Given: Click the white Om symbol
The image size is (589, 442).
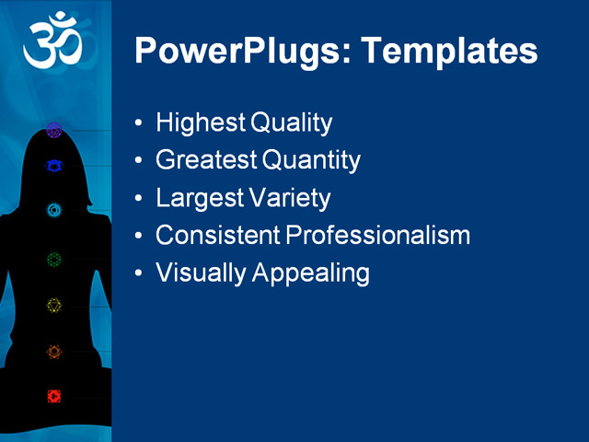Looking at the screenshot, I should pyautogui.click(x=53, y=41).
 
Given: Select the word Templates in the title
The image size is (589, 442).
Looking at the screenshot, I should pyautogui.click(x=449, y=51).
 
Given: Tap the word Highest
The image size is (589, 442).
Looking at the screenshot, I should pyautogui.click(x=193, y=122).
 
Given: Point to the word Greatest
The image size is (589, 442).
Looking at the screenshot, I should pyautogui.click(x=205, y=160).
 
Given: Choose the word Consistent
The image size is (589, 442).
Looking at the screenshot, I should pyautogui.click(x=217, y=235).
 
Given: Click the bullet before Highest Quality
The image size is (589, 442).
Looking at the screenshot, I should pyautogui.click(x=138, y=123).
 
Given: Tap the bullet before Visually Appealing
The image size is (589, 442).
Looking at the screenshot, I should pyautogui.click(x=138, y=273).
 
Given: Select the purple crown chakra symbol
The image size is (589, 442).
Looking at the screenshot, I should pyautogui.click(x=54, y=130).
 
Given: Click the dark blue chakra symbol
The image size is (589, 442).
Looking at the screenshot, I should pyautogui.click(x=54, y=167).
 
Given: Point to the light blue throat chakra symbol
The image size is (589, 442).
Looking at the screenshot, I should pyautogui.click(x=54, y=210).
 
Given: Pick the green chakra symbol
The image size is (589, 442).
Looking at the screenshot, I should pyautogui.click(x=54, y=260).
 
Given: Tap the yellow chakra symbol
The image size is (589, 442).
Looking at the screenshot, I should pyautogui.click(x=54, y=305).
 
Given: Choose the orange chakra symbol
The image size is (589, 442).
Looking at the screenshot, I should pyautogui.click(x=54, y=351).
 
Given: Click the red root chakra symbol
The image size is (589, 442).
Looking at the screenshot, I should pyautogui.click(x=54, y=396).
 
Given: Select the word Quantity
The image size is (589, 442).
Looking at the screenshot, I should pyautogui.click(x=311, y=160).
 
